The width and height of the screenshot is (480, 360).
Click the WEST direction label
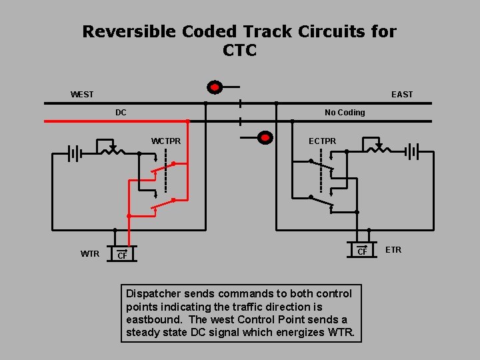click(x=82, y=95)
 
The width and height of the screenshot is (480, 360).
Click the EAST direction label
click(x=402, y=95)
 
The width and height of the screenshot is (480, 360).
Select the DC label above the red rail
click(x=121, y=113)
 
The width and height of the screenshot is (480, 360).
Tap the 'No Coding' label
click(x=345, y=113)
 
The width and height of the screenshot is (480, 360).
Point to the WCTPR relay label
click(x=166, y=141)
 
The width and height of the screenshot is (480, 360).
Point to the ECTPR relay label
click(x=323, y=141)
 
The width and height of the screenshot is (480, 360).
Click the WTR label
click(x=90, y=253)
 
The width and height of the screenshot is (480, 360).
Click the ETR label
click(x=393, y=250)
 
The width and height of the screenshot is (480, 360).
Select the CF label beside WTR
click(x=122, y=255)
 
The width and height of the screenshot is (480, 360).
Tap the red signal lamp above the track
click(x=214, y=87)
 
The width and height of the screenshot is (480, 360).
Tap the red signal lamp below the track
click(x=265, y=138)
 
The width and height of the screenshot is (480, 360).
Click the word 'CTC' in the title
click(x=240, y=51)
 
